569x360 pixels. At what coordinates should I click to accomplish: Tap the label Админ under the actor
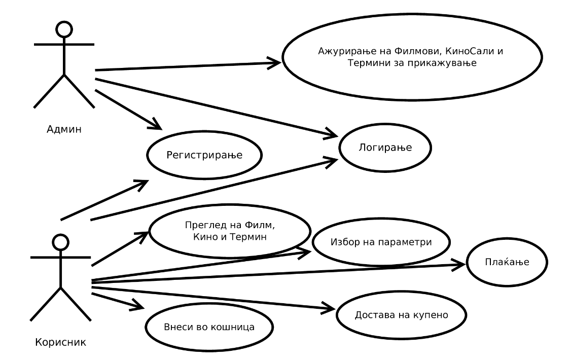(x=63, y=129)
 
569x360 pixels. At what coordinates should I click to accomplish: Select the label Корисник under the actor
(x=61, y=341)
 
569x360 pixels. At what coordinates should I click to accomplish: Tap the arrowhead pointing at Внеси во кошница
(x=139, y=306)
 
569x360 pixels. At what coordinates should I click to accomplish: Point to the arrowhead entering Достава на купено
(x=330, y=308)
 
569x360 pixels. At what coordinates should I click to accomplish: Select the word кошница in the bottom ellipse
(x=232, y=327)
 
